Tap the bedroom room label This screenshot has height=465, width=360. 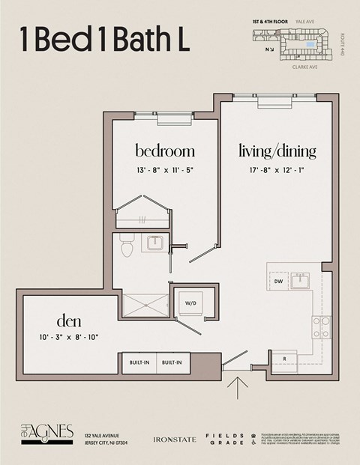click(165, 151)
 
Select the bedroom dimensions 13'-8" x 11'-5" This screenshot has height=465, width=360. click(165, 170)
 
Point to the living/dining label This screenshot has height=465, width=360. click(277, 151)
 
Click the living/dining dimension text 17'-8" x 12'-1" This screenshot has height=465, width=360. click(277, 170)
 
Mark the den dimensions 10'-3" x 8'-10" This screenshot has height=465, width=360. click(68, 337)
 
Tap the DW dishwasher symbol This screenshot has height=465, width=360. click(278, 282)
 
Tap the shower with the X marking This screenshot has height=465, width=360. click(145, 306)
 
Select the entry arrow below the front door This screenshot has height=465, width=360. click(239, 388)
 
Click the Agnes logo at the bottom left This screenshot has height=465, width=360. click(46, 434)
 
